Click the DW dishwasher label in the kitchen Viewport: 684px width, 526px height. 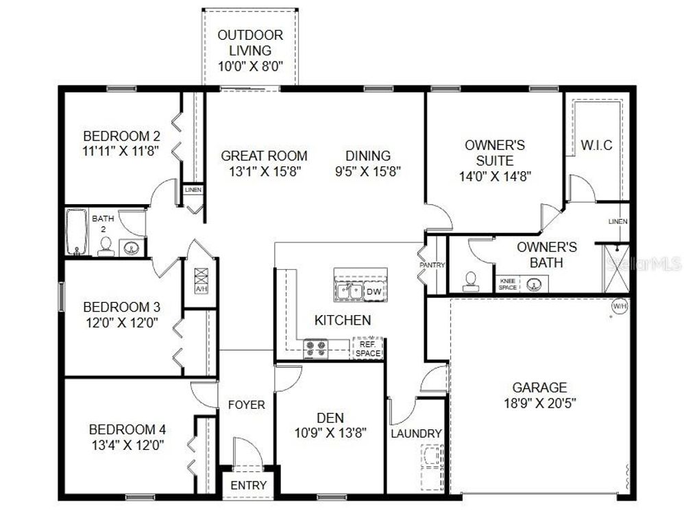374,292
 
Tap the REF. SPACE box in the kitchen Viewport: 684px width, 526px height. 367,349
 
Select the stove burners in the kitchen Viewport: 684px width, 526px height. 316,349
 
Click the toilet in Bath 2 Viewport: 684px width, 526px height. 106,247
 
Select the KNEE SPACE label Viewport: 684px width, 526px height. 508,284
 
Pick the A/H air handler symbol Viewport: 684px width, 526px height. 201,281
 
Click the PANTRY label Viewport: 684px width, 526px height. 433,265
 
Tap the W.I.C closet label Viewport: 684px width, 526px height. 596,146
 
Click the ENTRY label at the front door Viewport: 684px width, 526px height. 247,486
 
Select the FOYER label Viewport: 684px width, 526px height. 246,405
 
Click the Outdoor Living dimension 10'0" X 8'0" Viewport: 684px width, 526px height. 250,66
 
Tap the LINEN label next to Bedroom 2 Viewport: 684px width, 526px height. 193,190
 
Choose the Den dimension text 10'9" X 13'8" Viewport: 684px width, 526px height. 330,433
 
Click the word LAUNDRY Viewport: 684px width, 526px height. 416,434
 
